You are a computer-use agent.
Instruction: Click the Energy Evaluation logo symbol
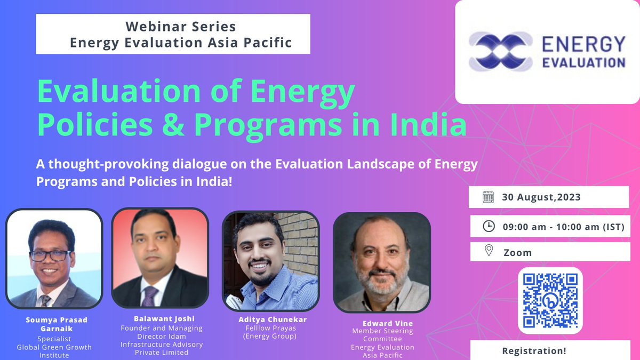coord(500,51)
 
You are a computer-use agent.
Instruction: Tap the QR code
coord(550,300)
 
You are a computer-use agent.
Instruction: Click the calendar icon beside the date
coord(488,197)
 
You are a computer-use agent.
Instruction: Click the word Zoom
coord(517,252)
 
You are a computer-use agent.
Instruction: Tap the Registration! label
coord(534,351)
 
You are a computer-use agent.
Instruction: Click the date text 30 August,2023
coord(541,197)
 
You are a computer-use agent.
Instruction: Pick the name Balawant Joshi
coord(161,319)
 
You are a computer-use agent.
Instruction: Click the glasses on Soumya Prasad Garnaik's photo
coord(50,255)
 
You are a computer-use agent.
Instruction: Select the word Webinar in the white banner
coord(151,26)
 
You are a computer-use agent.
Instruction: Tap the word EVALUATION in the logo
coord(583,62)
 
